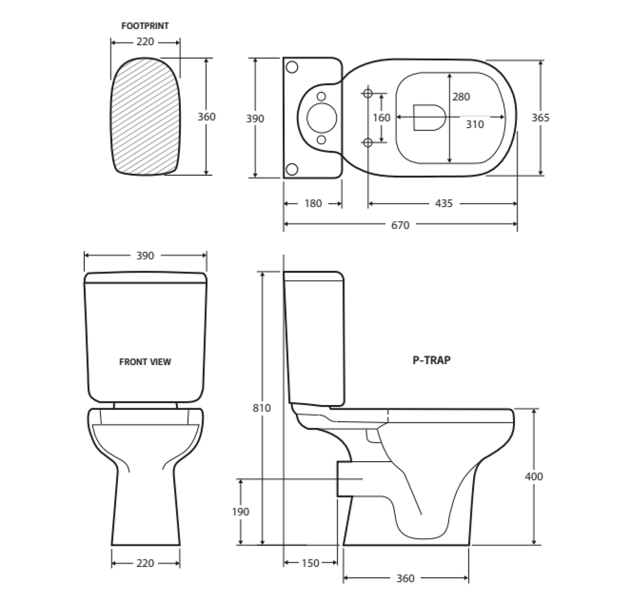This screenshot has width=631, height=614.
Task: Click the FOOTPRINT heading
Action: [x=145, y=26]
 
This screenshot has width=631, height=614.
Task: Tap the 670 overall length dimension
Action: [x=400, y=225]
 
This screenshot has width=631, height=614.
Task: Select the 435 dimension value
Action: [x=443, y=203]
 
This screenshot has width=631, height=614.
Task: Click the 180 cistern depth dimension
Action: [x=313, y=203]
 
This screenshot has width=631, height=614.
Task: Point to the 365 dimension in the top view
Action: [x=540, y=117]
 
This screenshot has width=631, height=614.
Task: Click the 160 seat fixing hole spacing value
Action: [x=382, y=118]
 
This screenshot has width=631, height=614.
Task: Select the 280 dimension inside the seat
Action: [x=461, y=97]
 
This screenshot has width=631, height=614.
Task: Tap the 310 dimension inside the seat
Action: [x=475, y=124]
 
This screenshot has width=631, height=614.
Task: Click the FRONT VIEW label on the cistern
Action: [x=145, y=362]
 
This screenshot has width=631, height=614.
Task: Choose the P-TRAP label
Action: [x=431, y=360]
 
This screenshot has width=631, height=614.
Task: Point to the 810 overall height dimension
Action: [x=262, y=408]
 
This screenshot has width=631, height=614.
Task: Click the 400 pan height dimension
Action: [x=534, y=476]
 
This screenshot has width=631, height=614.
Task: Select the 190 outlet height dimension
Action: [x=241, y=512]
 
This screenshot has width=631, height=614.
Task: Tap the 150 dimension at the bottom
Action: [x=310, y=563]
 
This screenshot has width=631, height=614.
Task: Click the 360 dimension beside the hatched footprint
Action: [x=206, y=117]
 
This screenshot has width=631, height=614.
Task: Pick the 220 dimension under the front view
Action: [x=145, y=563]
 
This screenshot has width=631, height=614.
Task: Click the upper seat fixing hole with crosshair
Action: [x=368, y=94]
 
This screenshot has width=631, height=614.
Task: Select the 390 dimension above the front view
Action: [x=145, y=256]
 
